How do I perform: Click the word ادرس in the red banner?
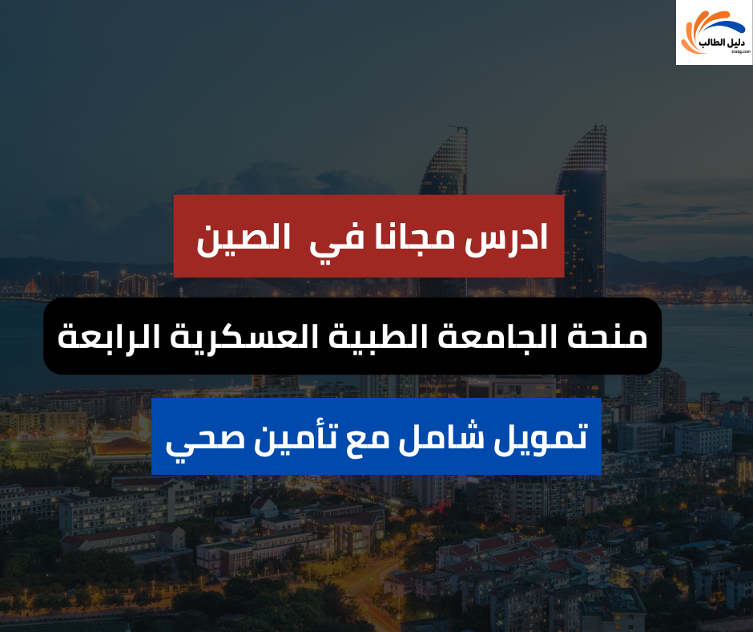pos(511,237)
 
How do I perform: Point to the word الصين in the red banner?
pos(234,238)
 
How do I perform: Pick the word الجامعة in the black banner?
pos(507,336)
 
